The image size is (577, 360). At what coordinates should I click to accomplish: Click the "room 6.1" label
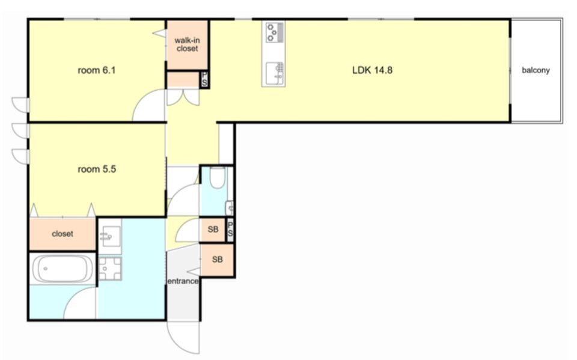96,70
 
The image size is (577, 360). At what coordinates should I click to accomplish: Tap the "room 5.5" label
97,169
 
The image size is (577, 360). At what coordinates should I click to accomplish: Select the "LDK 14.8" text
372,70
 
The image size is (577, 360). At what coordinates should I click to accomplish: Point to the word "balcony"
536,70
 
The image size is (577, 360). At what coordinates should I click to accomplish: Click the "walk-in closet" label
188,44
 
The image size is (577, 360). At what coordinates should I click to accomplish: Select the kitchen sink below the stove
273,73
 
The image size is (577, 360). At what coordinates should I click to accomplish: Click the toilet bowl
217,177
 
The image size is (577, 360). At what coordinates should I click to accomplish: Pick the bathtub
63,269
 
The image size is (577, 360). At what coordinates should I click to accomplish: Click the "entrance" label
183,281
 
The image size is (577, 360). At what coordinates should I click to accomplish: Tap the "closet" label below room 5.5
63,234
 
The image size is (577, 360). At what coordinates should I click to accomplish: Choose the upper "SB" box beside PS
213,230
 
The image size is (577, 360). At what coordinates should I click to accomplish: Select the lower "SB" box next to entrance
217,260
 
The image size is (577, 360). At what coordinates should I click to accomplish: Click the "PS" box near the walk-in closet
204,79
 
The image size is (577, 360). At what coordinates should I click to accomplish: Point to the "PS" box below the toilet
230,229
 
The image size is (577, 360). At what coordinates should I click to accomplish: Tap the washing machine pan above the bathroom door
109,268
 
